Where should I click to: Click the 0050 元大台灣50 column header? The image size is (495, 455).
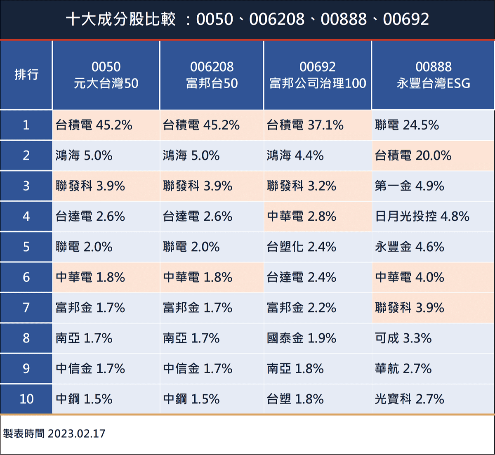click(106, 75)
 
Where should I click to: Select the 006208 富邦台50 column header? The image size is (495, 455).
click(212, 75)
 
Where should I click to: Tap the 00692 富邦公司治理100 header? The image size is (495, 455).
click(318, 75)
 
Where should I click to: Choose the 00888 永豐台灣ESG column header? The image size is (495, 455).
click(433, 75)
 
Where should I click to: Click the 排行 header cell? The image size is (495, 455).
click(26, 75)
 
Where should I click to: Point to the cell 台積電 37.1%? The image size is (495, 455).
click(305, 125)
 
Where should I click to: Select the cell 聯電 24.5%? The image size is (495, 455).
click(407, 125)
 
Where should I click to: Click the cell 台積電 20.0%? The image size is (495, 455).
click(413, 156)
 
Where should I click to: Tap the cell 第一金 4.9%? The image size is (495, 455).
click(409, 186)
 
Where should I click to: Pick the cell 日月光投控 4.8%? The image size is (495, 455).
click(422, 216)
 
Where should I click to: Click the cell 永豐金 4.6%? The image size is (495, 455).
click(409, 247)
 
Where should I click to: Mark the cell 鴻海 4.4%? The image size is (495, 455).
click(295, 156)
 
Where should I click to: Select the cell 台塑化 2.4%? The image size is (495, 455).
click(301, 247)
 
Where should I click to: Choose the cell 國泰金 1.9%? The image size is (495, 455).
click(301, 338)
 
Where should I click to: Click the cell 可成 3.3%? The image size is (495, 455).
click(403, 338)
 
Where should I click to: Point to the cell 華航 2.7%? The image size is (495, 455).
click(403, 368)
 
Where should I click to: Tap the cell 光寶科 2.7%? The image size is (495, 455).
click(409, 399)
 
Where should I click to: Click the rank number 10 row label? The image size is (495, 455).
click(26, 399)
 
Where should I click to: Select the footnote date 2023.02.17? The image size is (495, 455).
click(77, 434)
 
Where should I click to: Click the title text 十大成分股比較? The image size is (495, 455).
click(121, 19)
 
